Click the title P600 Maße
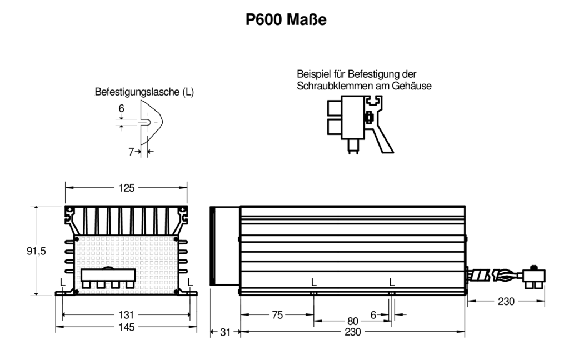(286, 19)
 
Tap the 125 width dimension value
(126, 188)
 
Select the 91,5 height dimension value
(36, 251)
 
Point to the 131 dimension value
(126, 314)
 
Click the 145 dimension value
(126, 327)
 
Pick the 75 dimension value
(277, 315)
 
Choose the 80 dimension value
(353, 321)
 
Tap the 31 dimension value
(226, 332)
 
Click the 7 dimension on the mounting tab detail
(131, 152)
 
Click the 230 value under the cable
(506, 302)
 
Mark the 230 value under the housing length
(353, 332)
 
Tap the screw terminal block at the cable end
(534, 277)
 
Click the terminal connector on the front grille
(108, 278)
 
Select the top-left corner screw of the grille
(77, 239)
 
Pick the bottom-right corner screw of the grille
(176, 292)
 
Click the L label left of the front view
(62, 282)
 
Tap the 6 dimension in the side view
(373, 315)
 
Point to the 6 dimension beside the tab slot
(121, 108)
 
